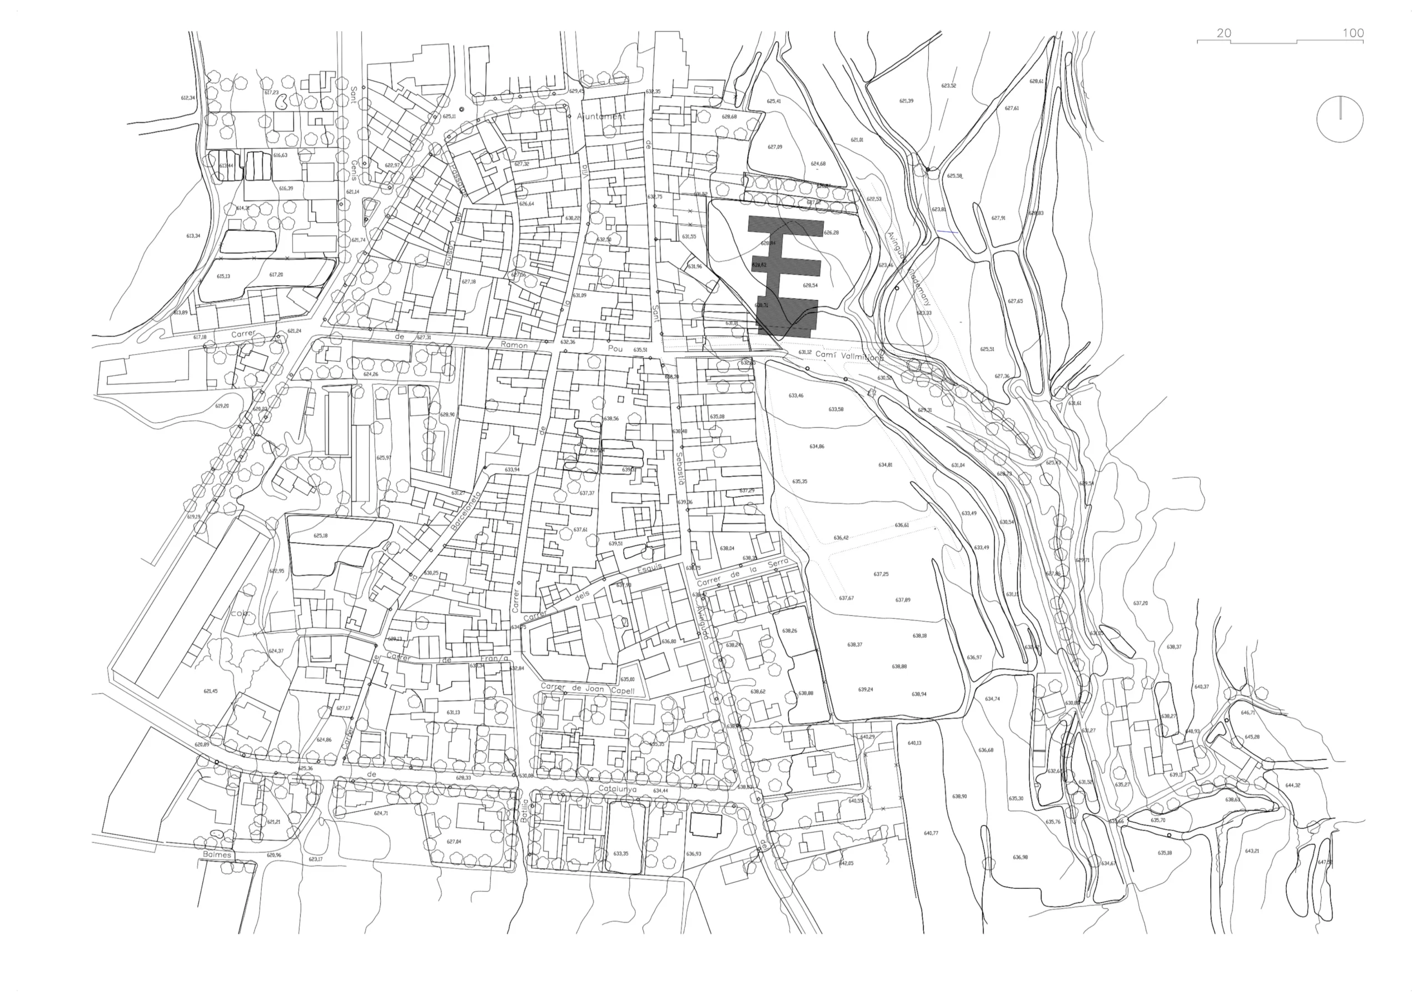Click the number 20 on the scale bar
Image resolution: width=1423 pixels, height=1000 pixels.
point(1223,33)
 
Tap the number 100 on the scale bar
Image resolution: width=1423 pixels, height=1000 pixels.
point(1353,33)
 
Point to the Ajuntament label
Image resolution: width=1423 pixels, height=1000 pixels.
point(601,116)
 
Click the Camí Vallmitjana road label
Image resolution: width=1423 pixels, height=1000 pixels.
point(849,356)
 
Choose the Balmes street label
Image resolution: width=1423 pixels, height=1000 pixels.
point(217,855)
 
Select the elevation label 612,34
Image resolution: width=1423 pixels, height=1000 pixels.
point(188,98)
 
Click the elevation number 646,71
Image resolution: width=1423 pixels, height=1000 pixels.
point(1247,713)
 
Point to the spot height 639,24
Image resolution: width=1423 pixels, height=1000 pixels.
point(866,689)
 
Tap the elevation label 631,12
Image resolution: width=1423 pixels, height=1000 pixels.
point(804,352)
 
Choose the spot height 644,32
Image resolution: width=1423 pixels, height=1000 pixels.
point(1293,785)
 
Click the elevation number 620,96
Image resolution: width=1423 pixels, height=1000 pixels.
point(273,855)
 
